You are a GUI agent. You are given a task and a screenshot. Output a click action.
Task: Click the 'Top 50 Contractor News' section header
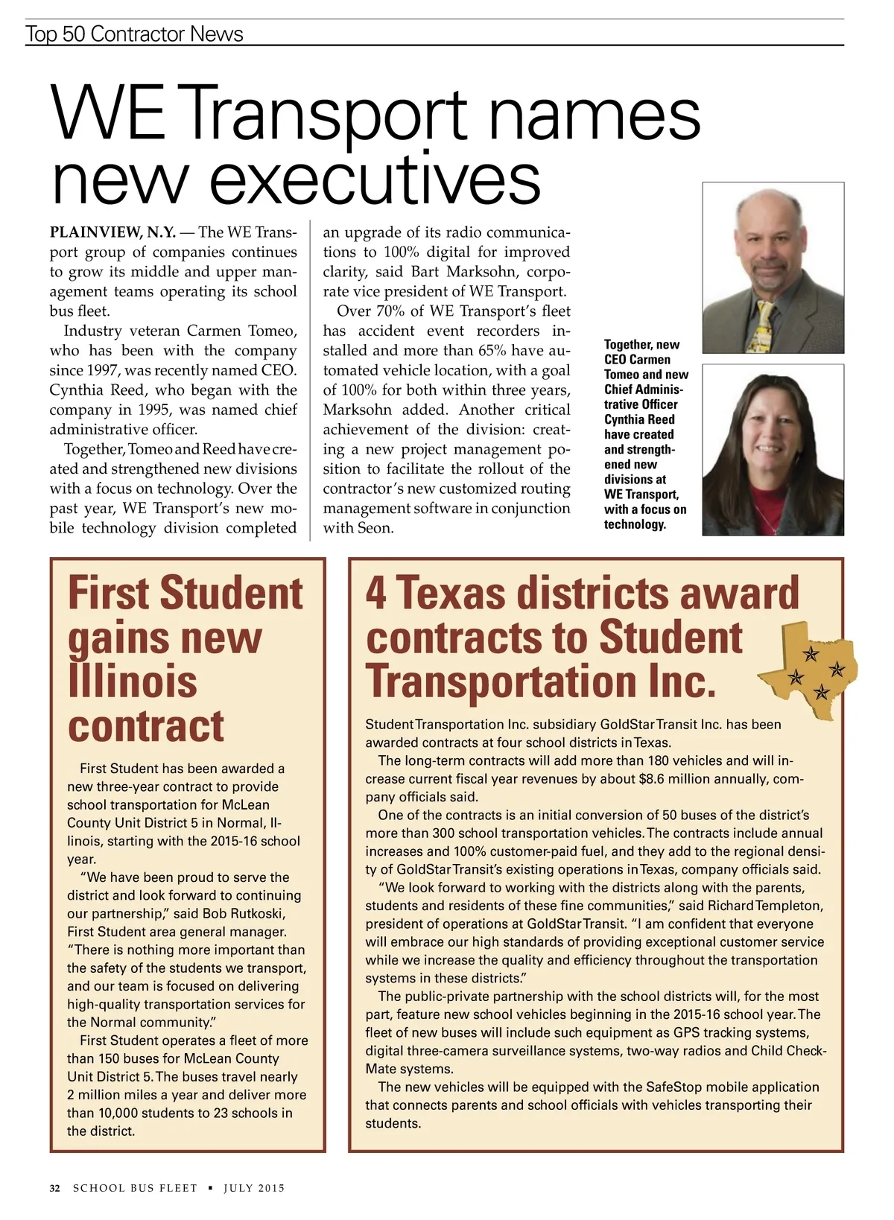[x=134, y=34]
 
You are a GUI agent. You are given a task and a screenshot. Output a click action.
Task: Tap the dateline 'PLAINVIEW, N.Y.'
[x=112, y=232]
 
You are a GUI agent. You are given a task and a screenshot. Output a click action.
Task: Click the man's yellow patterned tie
[x=766, y=328]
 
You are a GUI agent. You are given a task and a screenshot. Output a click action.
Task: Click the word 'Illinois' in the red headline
[x=133, y=682]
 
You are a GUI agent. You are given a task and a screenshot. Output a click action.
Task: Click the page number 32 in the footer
[x=54, y=1188]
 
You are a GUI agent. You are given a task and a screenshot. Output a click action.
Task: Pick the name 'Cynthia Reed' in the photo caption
[x=639, y=419]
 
